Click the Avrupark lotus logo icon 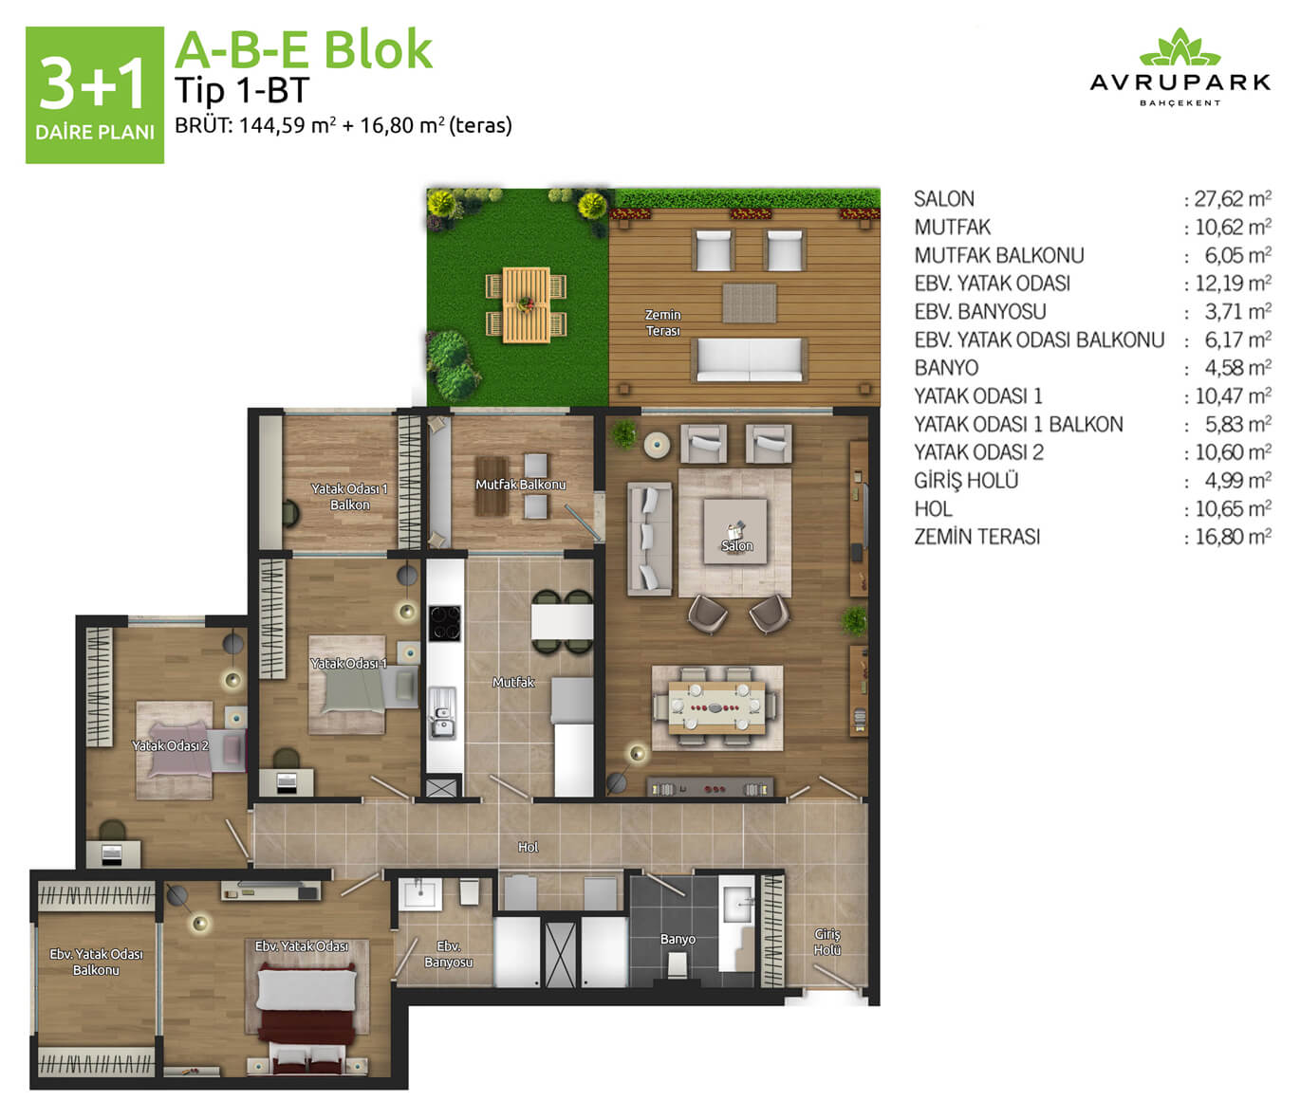click(x=1179, y=46)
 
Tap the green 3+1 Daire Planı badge click(x=95, y=95)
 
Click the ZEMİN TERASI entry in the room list click(x=976, y=537)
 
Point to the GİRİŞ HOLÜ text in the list click(x=966, y=480)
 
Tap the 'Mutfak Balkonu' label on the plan click(x=520, y=485)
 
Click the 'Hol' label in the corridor click(x=528, y=847)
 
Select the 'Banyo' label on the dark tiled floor click(x=678, y=939)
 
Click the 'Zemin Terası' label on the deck click(x=663, y=321)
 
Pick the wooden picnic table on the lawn click(x=527, y=305)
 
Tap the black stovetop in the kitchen click(x=445, y=623)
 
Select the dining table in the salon click(x=716, y=707)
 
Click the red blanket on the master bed click(x=306, y=1027)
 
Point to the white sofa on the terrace click(x=749, y=360)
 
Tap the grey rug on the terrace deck click(x=749, y=303)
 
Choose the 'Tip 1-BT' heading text click(x=242, y=90)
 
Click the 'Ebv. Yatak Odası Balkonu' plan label click(x=96, y=962)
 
